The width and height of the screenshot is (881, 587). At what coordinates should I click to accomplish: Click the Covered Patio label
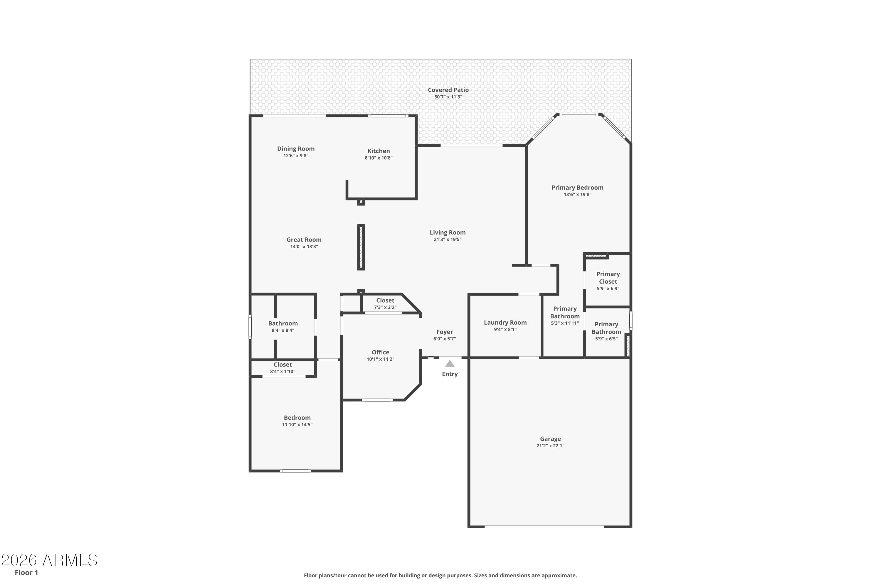[448, 90]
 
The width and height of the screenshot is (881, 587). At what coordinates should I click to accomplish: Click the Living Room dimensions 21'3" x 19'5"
[448, 239]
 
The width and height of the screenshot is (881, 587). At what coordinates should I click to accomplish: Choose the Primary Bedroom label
[577, 188]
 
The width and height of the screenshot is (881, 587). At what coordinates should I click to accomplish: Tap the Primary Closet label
[608, 278]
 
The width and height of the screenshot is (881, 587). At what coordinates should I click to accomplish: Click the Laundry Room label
[505, 322]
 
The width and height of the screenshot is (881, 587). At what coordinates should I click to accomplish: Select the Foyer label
[445, 332]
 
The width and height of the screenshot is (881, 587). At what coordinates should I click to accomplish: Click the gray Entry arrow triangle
[450, 364]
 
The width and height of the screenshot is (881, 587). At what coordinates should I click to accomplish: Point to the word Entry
[450, 374]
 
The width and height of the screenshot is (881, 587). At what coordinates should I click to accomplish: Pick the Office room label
[380, 352]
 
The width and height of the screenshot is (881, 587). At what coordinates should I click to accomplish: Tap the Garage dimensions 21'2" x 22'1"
[550, 446]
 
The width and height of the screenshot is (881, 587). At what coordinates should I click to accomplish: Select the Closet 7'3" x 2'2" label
[385, 303]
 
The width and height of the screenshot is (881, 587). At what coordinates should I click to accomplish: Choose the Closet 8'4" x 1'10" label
[283, 368]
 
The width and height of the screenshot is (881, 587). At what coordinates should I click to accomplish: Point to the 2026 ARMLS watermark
[49, 560]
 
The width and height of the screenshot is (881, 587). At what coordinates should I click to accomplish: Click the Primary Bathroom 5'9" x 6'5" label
[606, 331]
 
